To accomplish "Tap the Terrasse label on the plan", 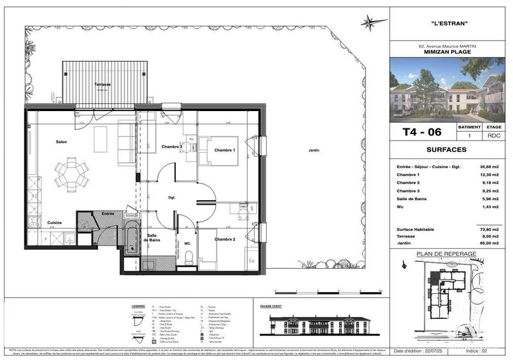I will pos(102,85).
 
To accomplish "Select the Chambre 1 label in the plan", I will pos(225,150).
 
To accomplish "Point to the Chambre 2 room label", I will pos(224,239).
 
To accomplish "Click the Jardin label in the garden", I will pos(314,150).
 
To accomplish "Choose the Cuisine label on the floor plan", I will pos(53,222).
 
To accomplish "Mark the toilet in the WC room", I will pos(189,257).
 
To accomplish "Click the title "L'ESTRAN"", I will pos(451,24).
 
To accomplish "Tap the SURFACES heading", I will pos(451,150).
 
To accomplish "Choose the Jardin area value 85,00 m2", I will pos(489,243).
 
